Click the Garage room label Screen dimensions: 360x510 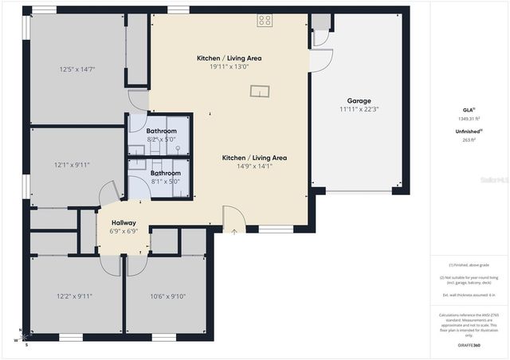[x=359, y=101]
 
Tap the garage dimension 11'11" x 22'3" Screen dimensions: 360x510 [x=359, y=110]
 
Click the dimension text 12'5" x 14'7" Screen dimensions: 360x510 [x=77, y=69]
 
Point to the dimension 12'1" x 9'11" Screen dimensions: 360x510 [x=73, y=165]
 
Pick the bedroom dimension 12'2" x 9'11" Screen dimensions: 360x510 [x=74, y=296]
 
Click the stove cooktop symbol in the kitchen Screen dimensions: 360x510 [x=265, y=21]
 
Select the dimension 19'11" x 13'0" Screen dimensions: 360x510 [x=229, y=67]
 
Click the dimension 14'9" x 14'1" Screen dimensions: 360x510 [x=254, y=166]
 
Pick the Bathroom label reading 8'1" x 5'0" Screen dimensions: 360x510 [x=166, y=177]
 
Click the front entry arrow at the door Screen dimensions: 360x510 [x=234, y=232]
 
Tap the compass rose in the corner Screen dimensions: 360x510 [x=23, y=337]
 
